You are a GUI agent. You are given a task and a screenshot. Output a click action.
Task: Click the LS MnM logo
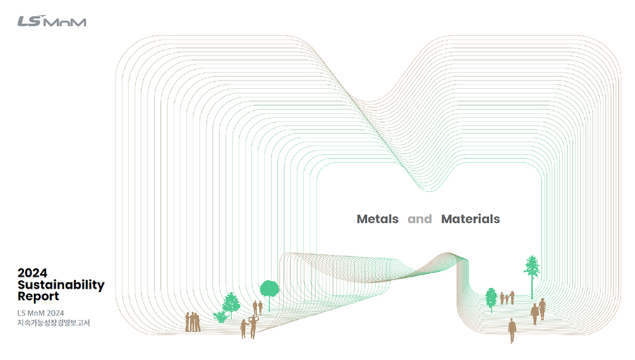[52, 21]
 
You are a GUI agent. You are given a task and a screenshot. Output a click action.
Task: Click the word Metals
[377, 219]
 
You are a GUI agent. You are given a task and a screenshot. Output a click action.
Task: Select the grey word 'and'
[420, 219]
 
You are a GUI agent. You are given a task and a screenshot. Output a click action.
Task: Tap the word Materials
[470, 219]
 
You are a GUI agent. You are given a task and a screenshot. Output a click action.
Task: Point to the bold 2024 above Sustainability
[32, 272]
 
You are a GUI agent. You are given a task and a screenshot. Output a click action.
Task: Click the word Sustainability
[61, 285]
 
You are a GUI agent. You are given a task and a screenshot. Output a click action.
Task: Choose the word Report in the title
[38, 296]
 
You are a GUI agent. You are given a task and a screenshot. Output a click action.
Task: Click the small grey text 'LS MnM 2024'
[40, 313]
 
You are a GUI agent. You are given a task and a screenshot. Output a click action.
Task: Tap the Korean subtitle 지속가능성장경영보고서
[54, 323]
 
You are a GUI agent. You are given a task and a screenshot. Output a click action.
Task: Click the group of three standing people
[193, 322]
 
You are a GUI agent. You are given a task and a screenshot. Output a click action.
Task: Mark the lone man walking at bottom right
[512, 330]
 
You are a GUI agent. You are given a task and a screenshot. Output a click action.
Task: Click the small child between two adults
[507, 299]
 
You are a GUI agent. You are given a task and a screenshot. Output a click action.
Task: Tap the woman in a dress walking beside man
[543, 309]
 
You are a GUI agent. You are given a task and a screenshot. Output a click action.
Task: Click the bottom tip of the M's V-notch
[429, 191]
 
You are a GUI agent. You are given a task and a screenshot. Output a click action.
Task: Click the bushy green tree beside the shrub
[231, 304]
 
